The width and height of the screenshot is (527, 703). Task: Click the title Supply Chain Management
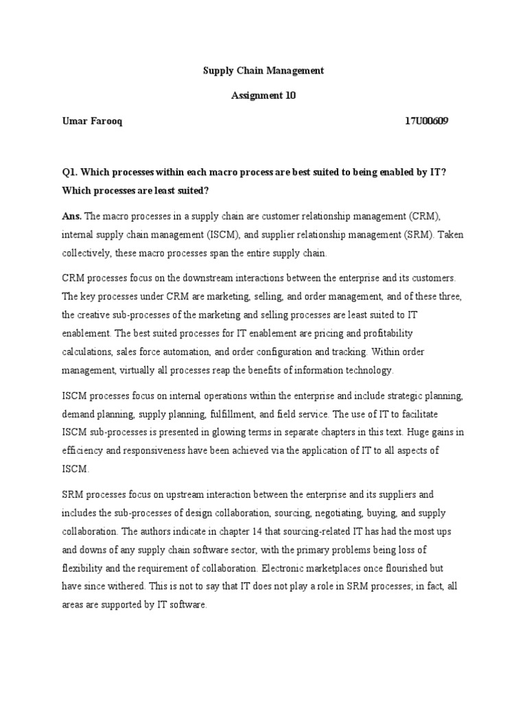tap(263, 71)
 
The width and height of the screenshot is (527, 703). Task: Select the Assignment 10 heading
tap(263, 96)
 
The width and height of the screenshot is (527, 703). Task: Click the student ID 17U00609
tap(427, 122)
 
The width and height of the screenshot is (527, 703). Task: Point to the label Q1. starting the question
tap(71, 172)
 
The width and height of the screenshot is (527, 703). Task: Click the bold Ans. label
tap(71, 216)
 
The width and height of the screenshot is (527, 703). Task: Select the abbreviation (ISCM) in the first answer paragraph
tap(224, 234)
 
